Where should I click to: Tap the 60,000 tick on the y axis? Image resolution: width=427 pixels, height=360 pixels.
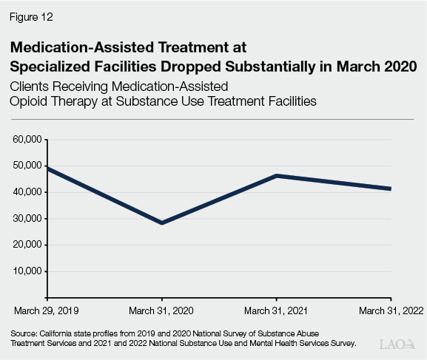click(x=27, y=139)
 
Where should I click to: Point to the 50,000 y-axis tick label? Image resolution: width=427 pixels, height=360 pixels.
click(x=27, y=166)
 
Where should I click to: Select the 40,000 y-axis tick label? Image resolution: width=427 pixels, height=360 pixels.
click(x=27, y=192)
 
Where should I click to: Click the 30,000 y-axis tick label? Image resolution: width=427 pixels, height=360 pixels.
click(x=27, y=218)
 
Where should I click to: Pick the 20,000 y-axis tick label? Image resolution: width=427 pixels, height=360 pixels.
click(x=27, y=245)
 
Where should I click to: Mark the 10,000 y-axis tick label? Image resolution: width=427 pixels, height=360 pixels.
click(x=27, y=271)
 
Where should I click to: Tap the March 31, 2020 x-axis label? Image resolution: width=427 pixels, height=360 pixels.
click(x=161, y=310)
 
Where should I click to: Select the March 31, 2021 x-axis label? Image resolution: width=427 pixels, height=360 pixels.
click(x=276, y=310)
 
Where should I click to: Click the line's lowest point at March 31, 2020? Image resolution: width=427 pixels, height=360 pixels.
click(x=161, y=223)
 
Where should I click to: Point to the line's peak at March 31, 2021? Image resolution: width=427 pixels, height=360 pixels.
click(x=276, y=176)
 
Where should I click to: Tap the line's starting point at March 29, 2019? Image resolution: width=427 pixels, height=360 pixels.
click(x=47, y=169)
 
